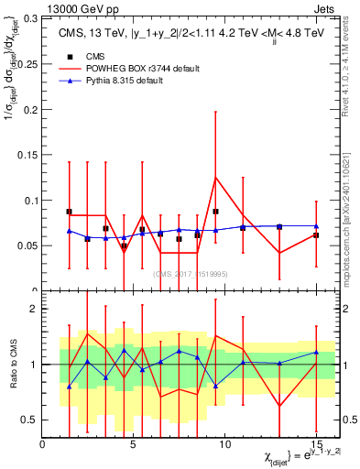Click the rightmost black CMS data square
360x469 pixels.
coord(316,235)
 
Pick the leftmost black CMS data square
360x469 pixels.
coord(69,212)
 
